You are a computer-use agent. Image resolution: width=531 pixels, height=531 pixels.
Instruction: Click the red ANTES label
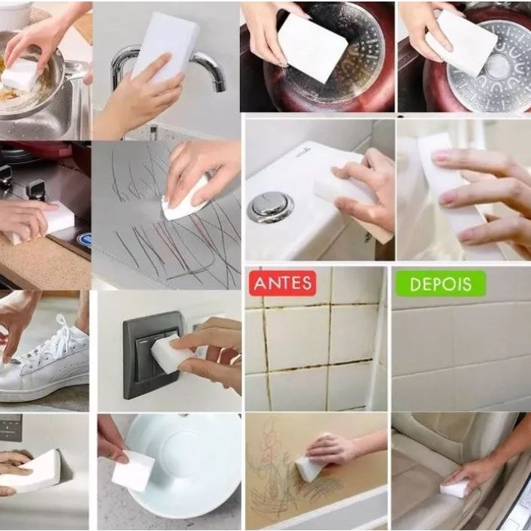pyautogui.click(x=283, y=283)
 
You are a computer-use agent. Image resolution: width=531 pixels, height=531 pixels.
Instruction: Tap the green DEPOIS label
pyautogui.click(x=441, y=284)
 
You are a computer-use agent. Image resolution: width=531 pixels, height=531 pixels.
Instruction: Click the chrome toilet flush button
pyautogui.click(x=271, y=207)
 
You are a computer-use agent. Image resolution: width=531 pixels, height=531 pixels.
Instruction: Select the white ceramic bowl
pyautogui.click(x=184, y=466)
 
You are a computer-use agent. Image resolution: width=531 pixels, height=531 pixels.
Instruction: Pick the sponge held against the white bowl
pyautogui.click(x=132, y=471)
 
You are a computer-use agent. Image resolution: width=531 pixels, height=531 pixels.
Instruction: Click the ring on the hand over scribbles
pyautogui.click(x=211, y=174)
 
